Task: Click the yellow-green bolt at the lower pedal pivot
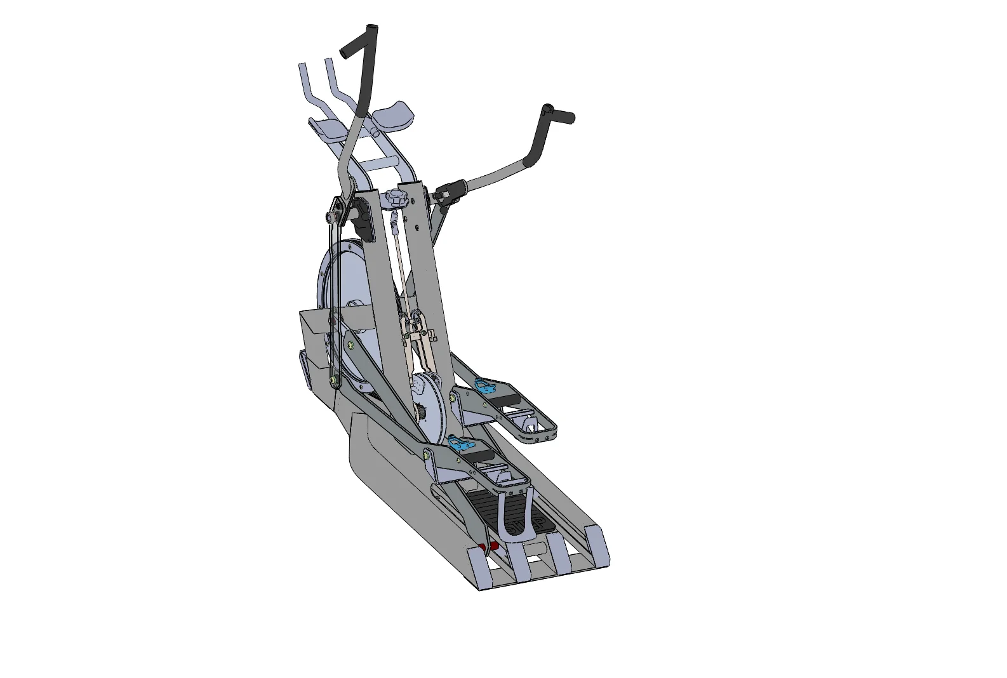click(427, 454)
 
